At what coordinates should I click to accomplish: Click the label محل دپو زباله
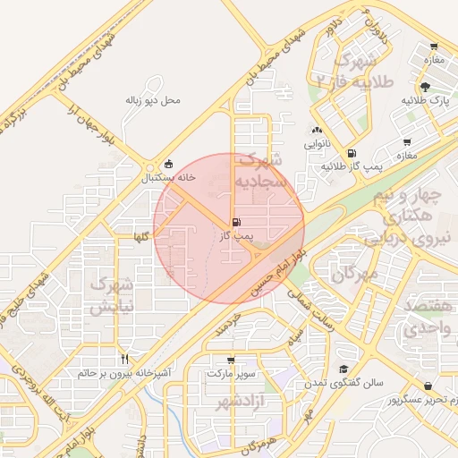pos(152,100)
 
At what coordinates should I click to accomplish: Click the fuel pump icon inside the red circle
pos(235,222)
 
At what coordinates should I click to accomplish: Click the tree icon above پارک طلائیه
pos(424,87)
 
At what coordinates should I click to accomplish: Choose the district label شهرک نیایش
pos(110,296)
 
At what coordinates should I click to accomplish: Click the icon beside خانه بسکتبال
pos(169,164)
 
